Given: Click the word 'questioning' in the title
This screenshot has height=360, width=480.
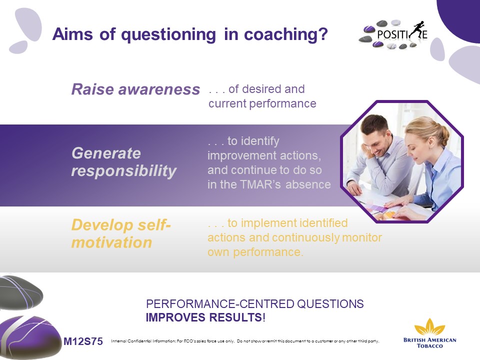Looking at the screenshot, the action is [x=168, y=34].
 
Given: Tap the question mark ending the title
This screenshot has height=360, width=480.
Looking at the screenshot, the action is [x=322, y=33].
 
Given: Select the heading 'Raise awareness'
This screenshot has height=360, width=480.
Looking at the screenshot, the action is [x=135, y=89].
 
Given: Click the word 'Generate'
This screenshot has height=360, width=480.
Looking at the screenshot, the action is [x=106, y=153].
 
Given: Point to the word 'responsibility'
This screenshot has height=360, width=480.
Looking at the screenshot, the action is [x=124, y=171].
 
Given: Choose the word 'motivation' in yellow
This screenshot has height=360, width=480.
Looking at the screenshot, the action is [x=111, y=242].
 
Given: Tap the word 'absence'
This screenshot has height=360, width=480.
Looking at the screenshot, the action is [x=308, y=184].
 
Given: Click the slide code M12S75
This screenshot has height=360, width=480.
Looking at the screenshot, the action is [x=83, y=341].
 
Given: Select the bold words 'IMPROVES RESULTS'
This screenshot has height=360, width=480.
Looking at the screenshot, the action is [x=203, y=317].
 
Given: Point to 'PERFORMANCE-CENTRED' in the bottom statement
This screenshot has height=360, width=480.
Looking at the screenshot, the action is [x=220, y=304].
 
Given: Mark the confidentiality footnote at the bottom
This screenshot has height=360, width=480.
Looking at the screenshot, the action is [x=245, y=341].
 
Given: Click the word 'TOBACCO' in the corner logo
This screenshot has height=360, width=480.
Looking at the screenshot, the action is [x=430, y=346].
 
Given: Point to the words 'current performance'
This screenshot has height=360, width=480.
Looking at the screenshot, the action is [x=262, y=104].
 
